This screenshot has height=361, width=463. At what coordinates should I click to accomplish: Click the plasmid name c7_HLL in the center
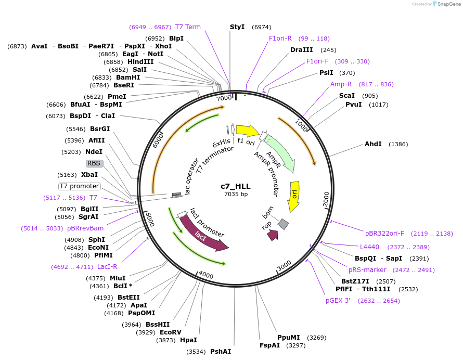point(235,186)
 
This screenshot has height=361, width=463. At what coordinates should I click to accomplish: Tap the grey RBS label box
point(94,163)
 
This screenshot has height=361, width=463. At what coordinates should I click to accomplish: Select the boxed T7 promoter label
point(79,186)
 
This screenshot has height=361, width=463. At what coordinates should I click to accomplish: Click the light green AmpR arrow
point(280,154)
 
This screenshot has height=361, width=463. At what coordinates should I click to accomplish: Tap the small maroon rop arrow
point(272,235)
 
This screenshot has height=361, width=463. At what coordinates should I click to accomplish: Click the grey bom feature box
point(283,224)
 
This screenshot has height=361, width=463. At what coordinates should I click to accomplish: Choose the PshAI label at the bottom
point(221,352)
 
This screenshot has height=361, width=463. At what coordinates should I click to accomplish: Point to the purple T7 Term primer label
point(188,27)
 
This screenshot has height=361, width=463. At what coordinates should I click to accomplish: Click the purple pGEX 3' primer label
point(338,300)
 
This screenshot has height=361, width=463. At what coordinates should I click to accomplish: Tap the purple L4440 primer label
point(369,247)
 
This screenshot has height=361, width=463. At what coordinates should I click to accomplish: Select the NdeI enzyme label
point(94,152)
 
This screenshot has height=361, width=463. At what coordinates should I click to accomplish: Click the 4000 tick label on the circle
point(206,275)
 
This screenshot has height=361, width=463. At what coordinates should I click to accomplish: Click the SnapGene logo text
point(451,4)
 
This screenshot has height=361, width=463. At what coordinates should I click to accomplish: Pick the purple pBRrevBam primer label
point(85,228)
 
